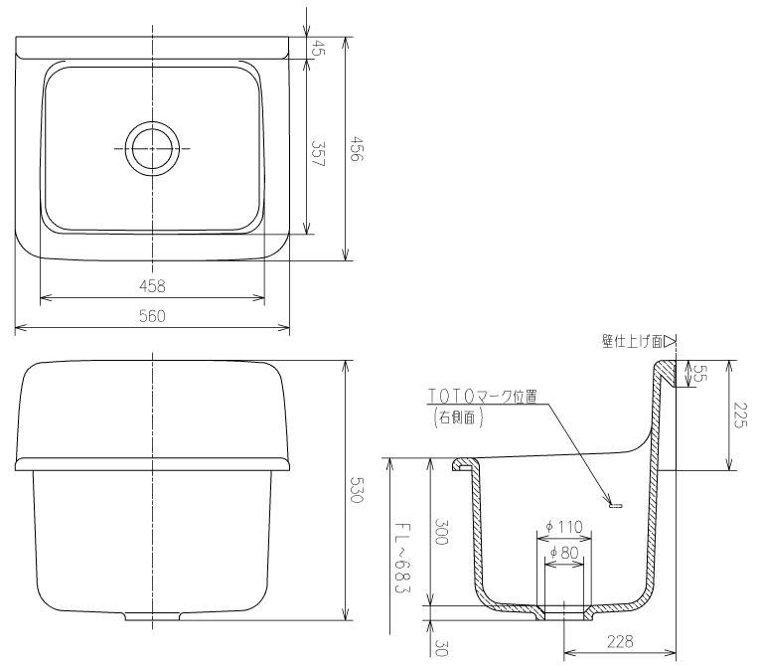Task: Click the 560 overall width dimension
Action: click(152, 316)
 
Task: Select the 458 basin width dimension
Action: click(152, 286)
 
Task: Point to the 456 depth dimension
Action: click(356, 151)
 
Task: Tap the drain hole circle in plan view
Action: click(152, 149)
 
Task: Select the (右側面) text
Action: click(458, 418)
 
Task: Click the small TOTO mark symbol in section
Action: click(613, 506)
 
